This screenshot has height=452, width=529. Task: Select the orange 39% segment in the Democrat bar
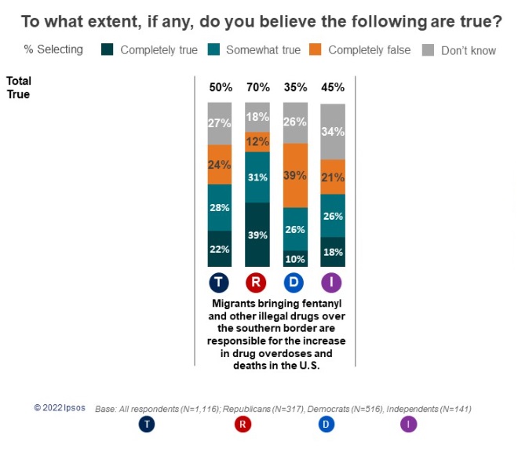(295, 175)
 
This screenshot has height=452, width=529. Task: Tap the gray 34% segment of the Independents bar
(332, 132)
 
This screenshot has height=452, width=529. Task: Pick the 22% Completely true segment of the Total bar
(220, 249)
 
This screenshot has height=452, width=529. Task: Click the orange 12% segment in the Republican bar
(257, 142)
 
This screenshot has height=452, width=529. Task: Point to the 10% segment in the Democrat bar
(295, 259)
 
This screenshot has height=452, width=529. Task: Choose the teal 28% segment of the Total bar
(220, 208)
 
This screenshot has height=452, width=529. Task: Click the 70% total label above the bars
(257, 87)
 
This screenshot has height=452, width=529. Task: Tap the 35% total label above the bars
(295, 87)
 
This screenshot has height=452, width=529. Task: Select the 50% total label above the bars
(220, 87)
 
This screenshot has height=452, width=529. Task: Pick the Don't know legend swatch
(428, 50)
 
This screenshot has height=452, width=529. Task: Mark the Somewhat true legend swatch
(213, 50)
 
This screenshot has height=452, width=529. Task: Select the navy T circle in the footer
(146, 425)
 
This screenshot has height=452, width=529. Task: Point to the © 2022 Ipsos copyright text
(60, 409)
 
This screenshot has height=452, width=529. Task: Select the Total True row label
(18, 87)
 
